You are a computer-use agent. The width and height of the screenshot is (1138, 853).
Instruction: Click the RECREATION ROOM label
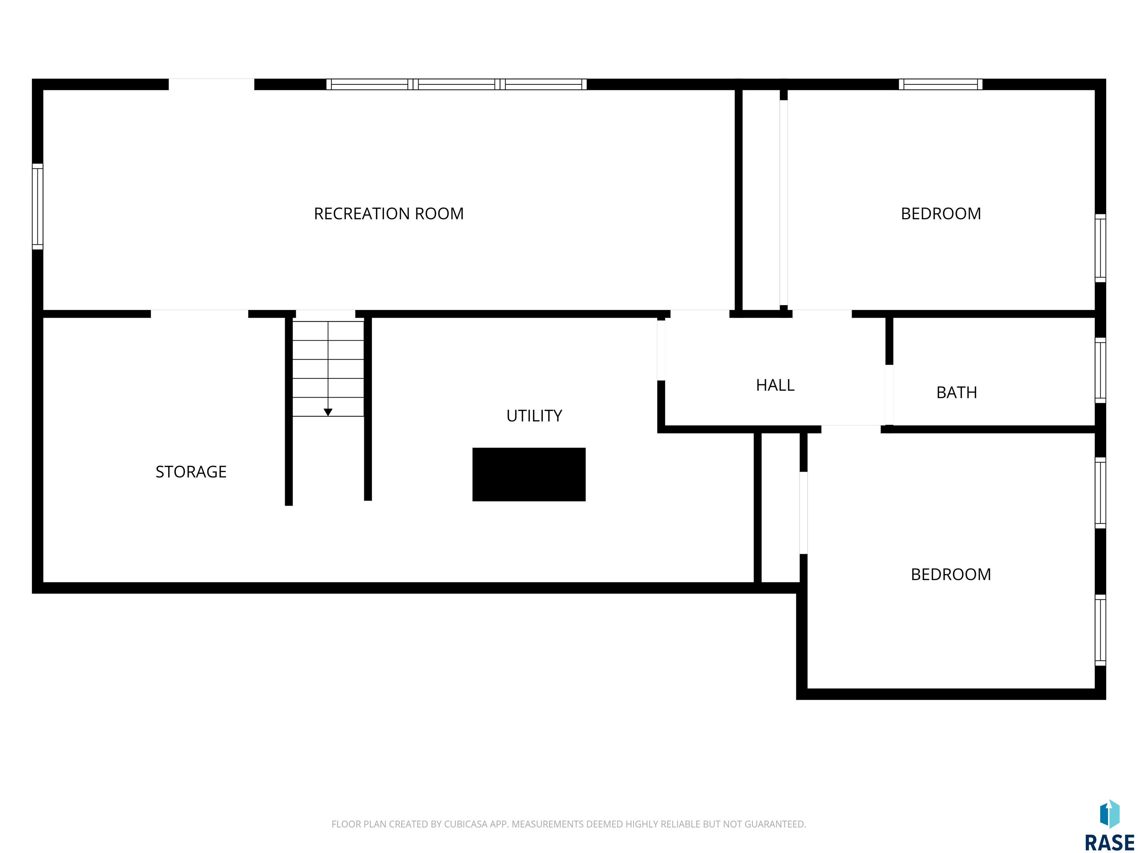pos(389,213)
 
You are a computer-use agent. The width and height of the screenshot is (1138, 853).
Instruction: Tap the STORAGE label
pos(191,472)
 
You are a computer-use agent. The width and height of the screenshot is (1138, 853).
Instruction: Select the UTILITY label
pos(534,415)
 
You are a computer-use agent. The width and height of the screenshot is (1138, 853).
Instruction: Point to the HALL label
pos(775,385)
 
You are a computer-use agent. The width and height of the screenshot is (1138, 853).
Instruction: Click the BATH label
pos(956,392)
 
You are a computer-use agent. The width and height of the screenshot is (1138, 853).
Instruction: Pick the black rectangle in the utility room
pos(529,474)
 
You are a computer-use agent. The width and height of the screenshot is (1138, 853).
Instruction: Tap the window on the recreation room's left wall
pos(37,207)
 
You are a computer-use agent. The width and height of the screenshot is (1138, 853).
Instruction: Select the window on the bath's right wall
pos(1100,370)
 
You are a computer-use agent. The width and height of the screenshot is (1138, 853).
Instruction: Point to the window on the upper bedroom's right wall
pos(1100,248)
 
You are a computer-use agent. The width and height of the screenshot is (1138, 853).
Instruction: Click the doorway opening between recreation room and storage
pos(200,314)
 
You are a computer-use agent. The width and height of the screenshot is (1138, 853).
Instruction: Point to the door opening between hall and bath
pos(889,395)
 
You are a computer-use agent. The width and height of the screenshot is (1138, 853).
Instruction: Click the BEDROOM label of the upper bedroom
pos(941,213)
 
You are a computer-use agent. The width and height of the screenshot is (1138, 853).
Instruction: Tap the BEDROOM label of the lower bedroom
pos(951,574)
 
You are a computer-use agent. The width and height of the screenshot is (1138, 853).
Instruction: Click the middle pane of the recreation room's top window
pos(456,84)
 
